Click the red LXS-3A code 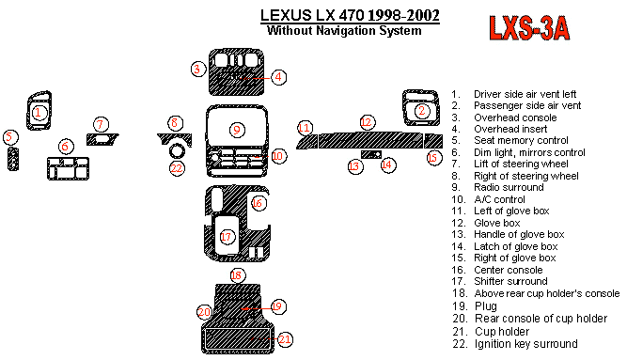[x=529, y=28]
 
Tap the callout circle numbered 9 [x=237, y=130]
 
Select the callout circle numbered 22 [x=177, y=168]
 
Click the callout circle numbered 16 [x=258, y=203]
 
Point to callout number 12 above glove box [x=367, y=122]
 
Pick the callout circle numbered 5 [x=10, y=137]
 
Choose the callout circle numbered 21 [x=285, y=339]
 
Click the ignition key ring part [x=177, y=150]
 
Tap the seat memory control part [x=13, y=159]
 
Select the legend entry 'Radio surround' [x=509, y=187]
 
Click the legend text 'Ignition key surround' [x=525, y=344]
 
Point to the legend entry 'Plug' [x=486, y=306]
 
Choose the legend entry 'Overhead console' [x=515, y=117]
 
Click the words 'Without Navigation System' [x=344, y=30]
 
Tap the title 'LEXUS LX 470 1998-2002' [x=350, y=15]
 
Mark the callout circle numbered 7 [x=101, y=124]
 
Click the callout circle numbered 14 [x=387, y=164]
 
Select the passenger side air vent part [x=421, y=108]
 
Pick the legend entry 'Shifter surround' [x=510, y=281]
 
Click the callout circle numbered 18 [x=237, y=275]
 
